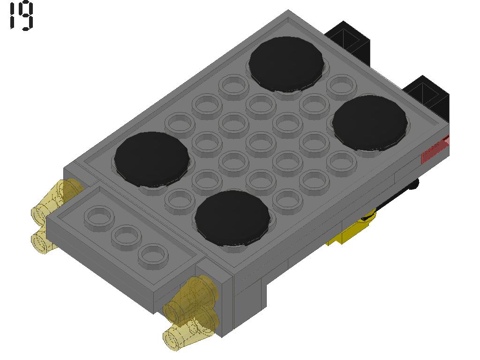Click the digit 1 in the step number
[13, 16]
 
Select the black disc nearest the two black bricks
[286, 64]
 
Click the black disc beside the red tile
[370, 123]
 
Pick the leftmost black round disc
[152, 159]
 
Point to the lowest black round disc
[232, 218]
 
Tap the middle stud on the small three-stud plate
[126, 236]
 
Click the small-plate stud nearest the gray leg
[153, 255]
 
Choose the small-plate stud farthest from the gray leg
[99, 217]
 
